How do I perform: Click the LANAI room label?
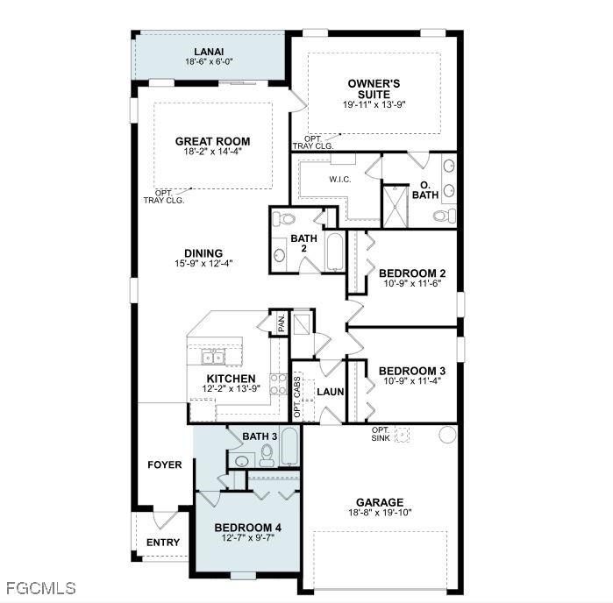tap(209, 52)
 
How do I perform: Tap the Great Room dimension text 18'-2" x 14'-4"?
tap(213, 152)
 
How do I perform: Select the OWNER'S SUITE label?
tap(374, 89)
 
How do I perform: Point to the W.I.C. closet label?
tap(339, 180)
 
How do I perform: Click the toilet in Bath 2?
tap(283, 219)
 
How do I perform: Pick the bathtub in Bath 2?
tap(335, 252)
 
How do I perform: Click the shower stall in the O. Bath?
tap(396, 207)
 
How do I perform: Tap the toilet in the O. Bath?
tap(445, 216)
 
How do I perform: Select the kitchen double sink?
tap(213, 358)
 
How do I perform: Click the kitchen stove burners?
tap(278, 384)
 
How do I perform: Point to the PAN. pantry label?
tap(282, 323)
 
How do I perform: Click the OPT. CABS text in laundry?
tap(297, 396)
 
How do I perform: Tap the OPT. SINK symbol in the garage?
tap(402, 434)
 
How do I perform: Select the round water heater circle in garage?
tap(447, 434)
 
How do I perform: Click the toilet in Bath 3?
tap(267, 456)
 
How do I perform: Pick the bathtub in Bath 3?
tap(289, 447)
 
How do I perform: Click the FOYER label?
tap(165, 465)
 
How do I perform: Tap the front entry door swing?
tap(166, 520)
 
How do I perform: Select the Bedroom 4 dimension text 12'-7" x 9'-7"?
tap(248, 538)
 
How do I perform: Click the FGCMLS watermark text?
tap(41, 588)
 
